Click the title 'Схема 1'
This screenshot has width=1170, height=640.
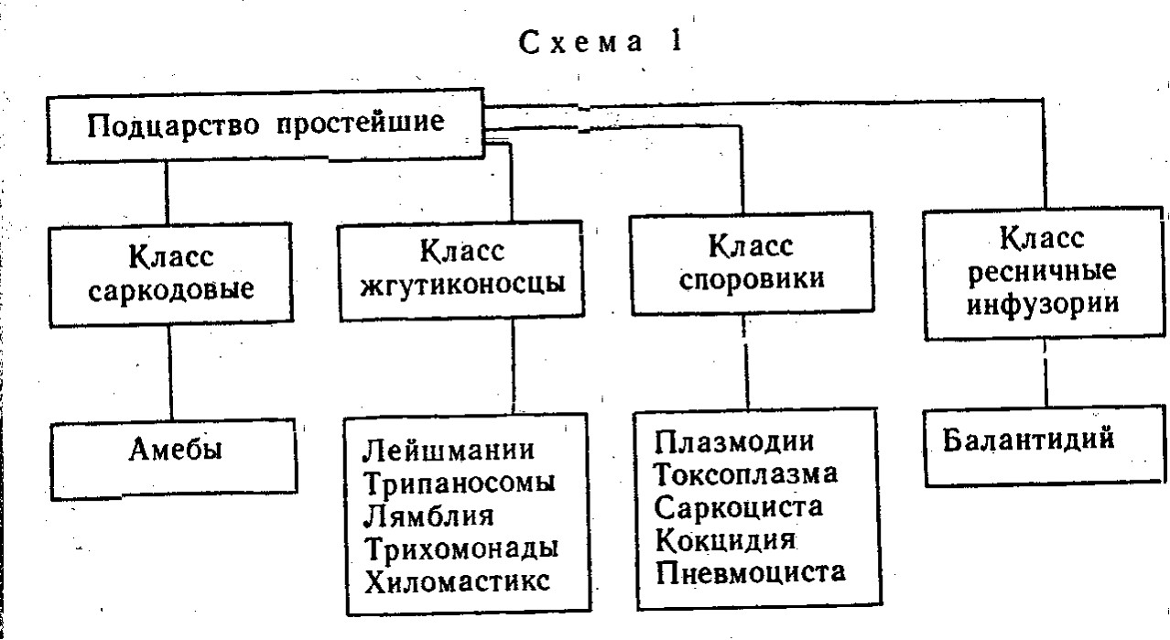pyautogui.click(x=601, y=42)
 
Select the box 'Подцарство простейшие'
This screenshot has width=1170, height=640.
pyautogui.click(x=265, y=125)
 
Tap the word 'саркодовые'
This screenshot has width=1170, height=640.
pyautogui.click(x=171, y=289)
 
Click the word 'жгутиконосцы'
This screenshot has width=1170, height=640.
pyautogui.click(x=462, y=284)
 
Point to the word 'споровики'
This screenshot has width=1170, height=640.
pyautogui.click(x=753, y=278)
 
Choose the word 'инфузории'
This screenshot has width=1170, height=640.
pyautogui.click(x=1043, y=303)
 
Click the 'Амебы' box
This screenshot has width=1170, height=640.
pyautogui.click(x=174, y=460)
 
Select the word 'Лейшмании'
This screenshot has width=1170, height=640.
pyautogui.click(x=449, y=450)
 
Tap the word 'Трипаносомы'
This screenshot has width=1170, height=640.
pyautogui.click(x=460, y=483)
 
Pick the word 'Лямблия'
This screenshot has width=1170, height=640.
pyautogui.click(x=428, y=515)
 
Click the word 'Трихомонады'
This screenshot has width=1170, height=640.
pyautogui.click(x=461, y=548)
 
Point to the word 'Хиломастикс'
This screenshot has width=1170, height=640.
pyautogui.click(x=458, y=581)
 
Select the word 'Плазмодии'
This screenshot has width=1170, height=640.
pyautogui.click(x=734, y=441)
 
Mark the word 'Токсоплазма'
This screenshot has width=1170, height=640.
pyautogui.click(x=746, y=474)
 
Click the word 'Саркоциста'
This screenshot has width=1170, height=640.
pyautogui.click(x=739, y=507)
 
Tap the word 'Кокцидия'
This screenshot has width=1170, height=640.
pyautogui.click(x=725, y=539)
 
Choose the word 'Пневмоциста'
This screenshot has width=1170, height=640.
pyautogui.click(x=751, y=572)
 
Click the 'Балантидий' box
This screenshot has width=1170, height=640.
pyautogui.click(x=1045, y=446)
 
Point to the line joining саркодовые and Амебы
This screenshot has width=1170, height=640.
pyautogui.click(x=169, y=373)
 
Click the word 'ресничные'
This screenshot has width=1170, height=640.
pyautogui.click(x=1043, y=271)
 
